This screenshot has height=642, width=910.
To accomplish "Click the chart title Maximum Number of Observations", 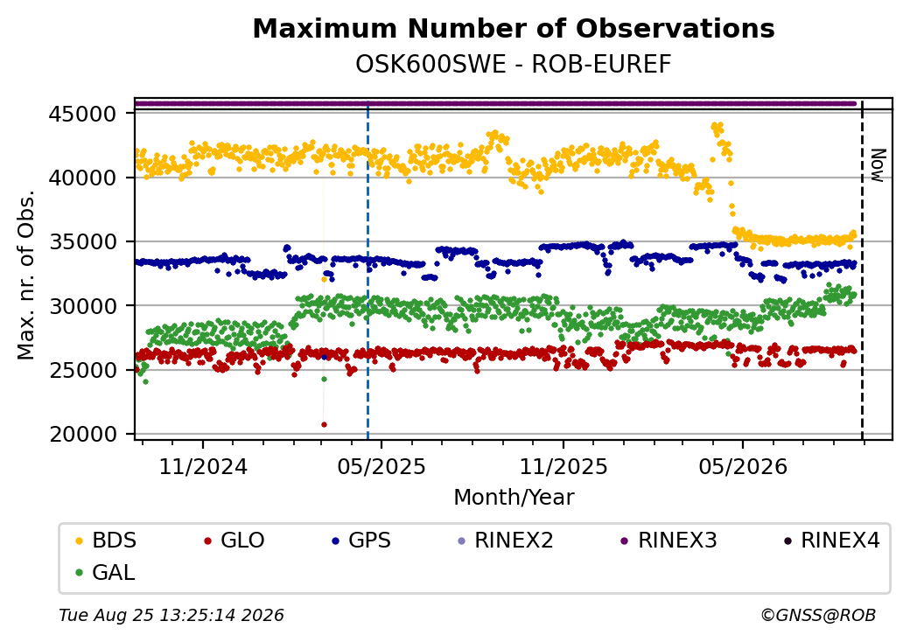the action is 514,28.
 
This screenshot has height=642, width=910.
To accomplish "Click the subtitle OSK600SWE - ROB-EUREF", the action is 514,65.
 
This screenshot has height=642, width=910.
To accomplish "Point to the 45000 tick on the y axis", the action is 83,114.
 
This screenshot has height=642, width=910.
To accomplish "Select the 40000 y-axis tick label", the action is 83,178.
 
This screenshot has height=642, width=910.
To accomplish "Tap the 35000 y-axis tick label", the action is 83,241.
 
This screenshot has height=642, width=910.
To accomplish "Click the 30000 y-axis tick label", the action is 83,305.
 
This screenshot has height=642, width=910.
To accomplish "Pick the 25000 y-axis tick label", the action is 83,370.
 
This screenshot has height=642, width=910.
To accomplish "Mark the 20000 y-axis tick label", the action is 83,434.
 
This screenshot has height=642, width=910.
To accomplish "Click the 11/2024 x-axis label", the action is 203,467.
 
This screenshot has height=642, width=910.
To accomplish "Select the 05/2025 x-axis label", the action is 381,467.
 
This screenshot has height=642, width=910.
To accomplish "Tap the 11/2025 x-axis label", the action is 563,467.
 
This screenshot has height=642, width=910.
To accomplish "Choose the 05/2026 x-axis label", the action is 743,467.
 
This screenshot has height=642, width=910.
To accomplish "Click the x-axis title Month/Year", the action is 514,498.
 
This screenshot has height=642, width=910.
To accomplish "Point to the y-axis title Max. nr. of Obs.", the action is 26,275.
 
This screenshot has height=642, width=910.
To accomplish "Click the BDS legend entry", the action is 106,541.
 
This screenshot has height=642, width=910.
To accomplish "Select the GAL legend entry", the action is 106,572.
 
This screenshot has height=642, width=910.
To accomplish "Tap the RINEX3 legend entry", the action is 669,541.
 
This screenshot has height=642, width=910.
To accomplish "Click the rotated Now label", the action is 878,166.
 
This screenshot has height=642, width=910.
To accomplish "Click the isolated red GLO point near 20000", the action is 324,424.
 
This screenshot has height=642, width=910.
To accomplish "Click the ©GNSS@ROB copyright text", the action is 818,615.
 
